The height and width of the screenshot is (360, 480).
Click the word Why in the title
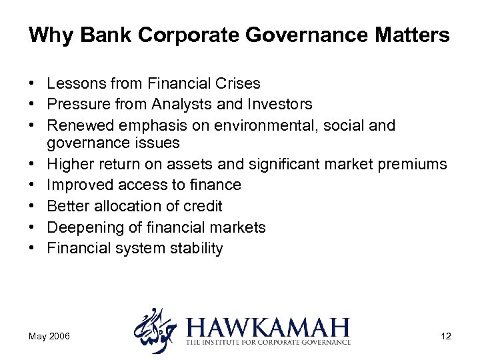45,35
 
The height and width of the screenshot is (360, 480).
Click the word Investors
279,104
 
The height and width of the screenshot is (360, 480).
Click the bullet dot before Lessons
31,84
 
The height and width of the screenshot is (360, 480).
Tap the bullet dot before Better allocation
31,207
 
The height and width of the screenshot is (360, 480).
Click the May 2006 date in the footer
47,336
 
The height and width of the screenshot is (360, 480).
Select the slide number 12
445,336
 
